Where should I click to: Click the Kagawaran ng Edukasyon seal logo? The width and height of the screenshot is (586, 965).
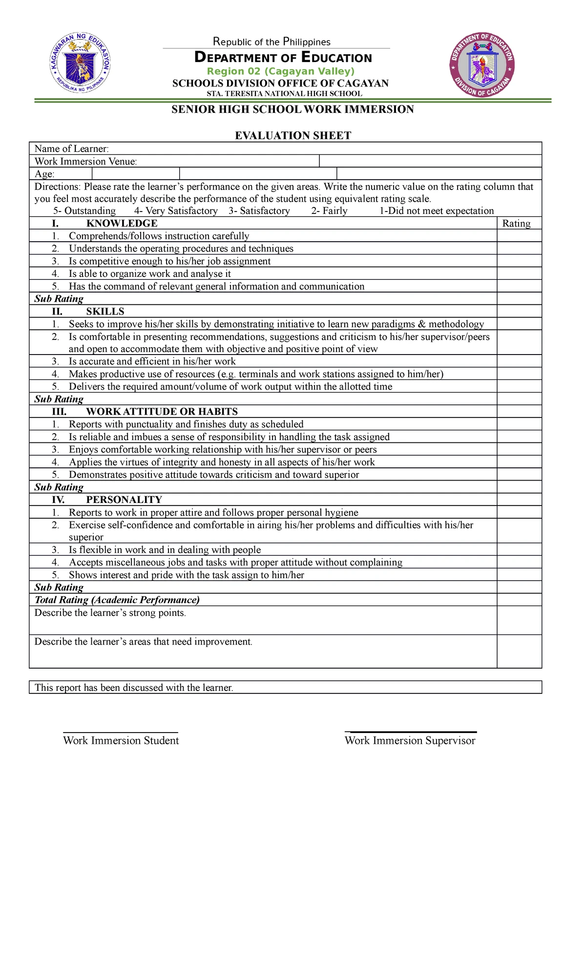(x=81, y=63)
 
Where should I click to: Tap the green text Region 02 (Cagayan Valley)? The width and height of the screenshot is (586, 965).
(x=280, y=71)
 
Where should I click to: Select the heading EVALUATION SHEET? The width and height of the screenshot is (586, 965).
(x=293, y=135)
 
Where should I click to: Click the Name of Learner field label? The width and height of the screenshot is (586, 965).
(x=71, y=148)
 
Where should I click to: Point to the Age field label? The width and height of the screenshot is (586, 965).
(x=44, y=174)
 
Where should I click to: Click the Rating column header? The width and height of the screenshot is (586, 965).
(x=516, y=223)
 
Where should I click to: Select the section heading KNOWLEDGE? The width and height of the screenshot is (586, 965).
(x=122, y=223)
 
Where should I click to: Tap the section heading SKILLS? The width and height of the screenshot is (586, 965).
(x=105, y=311)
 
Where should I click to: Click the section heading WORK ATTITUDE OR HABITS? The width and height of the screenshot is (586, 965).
(x=162, y=411)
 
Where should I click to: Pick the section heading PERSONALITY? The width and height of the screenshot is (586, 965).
(x=124, y=500)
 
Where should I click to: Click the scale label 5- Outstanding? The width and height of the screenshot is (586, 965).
(x=84, y=210)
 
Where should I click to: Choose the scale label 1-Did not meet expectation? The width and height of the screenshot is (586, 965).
(x=437, y=210)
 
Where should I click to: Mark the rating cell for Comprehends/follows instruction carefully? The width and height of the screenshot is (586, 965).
(x=519, y=236)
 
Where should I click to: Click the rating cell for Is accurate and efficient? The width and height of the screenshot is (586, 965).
(x=519, y=361)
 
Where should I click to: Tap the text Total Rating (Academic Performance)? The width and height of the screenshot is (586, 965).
(x=117, y=600)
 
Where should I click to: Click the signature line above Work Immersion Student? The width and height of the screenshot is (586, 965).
(x=121, y=732)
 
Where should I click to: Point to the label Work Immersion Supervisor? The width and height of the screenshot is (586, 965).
(x=410, y=740)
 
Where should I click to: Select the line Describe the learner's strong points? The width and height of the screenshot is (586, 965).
(x=110, y=613)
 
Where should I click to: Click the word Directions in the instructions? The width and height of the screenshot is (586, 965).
(x=57, y=187)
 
